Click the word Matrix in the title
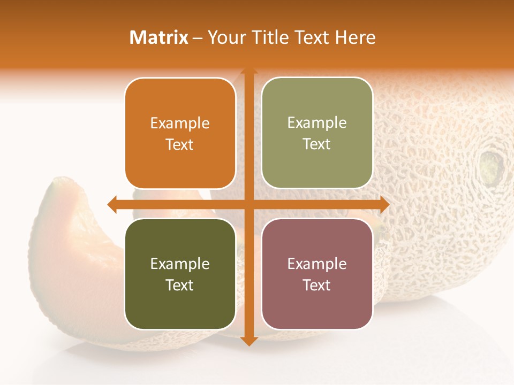click(x=159, y=37)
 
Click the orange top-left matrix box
click(x=180, y=133)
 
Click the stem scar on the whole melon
click(x=491, y=165)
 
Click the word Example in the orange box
click(x=180, y=124)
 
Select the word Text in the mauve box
click(x=317, y=285)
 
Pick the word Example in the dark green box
click(x=180, y=264)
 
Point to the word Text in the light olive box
click(x=317, y=144)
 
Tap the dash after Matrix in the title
click(x=198, y=37)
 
